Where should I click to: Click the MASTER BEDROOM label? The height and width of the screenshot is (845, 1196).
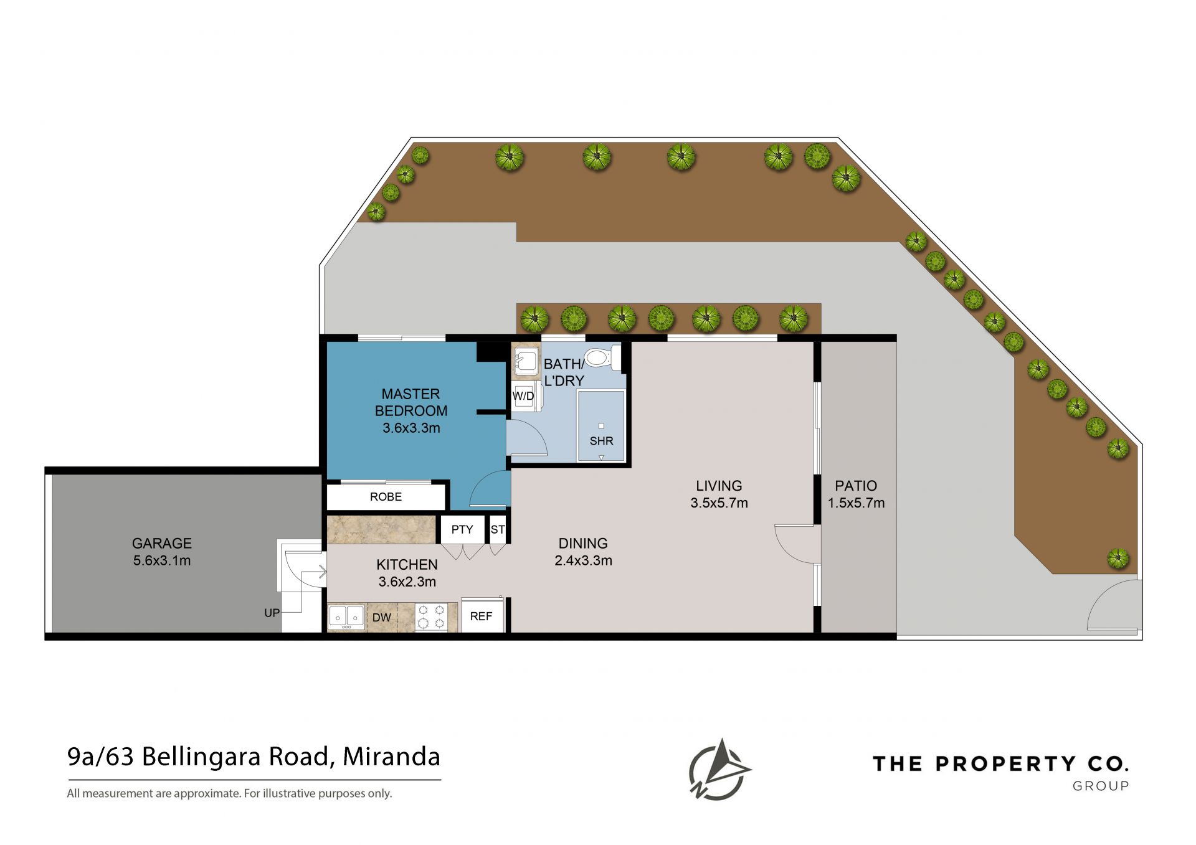tap(411, 410)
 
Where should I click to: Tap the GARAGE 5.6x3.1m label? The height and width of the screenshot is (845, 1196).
tap(162, 552)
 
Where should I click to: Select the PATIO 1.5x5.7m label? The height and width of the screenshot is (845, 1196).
tap(856, 494)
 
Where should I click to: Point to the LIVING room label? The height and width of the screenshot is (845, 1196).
tap(719, 494)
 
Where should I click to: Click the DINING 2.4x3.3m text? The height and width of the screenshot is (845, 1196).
tap(583, 552)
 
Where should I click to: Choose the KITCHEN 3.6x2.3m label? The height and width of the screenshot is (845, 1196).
tap(407, 573)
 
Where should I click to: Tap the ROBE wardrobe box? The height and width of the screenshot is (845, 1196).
tap(386, 497)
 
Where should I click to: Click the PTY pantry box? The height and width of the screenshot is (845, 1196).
tap(462, 529)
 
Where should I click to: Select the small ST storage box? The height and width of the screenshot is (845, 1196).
tap(498, 529)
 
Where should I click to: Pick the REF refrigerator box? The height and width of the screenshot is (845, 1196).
tap(482, 616)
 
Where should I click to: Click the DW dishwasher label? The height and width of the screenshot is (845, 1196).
tap(382, 618)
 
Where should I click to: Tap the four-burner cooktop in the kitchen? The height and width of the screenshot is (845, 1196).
tap(431, 617)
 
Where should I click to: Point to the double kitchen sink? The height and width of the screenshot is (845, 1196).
tap(346, 617)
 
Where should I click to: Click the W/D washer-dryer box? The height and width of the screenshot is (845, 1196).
tap(524, 396)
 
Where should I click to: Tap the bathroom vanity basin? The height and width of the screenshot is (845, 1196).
tap(526, 361)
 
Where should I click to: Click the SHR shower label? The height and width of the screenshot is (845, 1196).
tap(602, 441)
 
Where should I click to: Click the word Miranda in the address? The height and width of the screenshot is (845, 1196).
tap(392, 757)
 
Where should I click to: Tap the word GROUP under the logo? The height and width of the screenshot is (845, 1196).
tap(1101, 786)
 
